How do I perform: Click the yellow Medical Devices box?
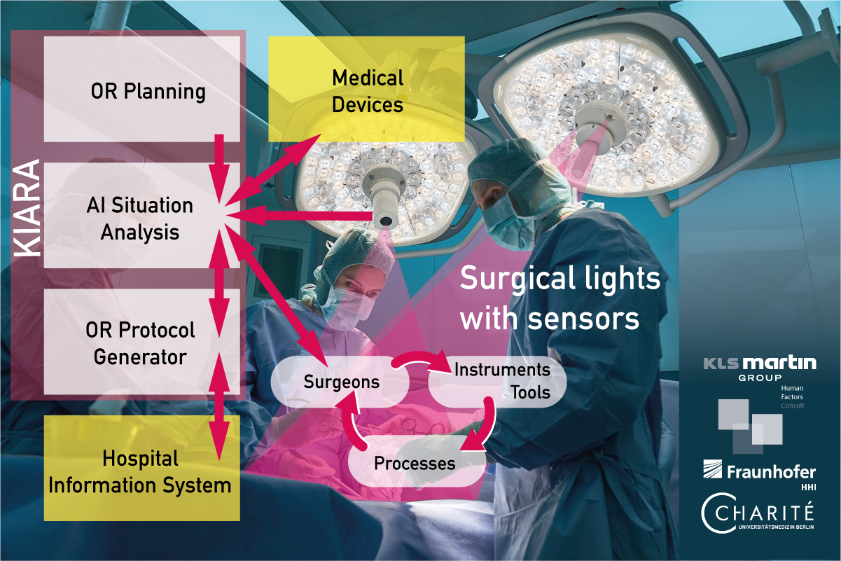pos(367,90)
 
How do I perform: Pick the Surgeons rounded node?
pos(341,382)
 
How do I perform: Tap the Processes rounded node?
pos(415,463)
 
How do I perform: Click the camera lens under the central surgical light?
pos(385,221)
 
